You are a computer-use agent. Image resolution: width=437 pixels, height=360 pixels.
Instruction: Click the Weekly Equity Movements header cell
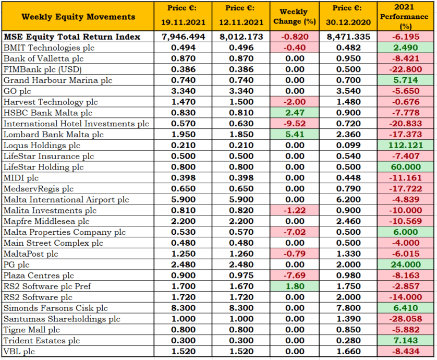[x=78, y=17]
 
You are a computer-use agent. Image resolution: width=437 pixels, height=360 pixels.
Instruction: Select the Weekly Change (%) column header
[x=294, y=17]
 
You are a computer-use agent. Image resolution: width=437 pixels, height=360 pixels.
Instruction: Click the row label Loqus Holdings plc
[x=42, y=145]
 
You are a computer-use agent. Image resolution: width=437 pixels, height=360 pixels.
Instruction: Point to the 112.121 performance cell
[x=406, y=145]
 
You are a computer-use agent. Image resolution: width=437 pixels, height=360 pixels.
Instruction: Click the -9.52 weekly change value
[x=295, y=124]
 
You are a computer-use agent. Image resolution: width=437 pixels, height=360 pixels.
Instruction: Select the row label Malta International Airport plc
[x=66, y=200]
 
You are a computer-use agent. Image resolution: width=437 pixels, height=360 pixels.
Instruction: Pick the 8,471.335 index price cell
[x=348, y=37]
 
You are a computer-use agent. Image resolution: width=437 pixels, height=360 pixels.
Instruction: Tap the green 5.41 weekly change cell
[x=295, y=135]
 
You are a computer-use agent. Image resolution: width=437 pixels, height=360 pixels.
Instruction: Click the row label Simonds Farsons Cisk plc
[x=56, y=308]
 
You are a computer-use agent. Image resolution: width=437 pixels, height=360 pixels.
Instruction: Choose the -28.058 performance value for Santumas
[x=406, y=319]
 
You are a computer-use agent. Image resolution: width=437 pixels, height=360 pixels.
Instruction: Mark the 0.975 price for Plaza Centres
[x=241, y=275]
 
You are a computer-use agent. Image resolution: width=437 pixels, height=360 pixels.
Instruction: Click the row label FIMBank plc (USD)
[x=43, y=69]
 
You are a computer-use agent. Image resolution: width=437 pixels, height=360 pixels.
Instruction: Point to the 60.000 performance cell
[x=406, y=167]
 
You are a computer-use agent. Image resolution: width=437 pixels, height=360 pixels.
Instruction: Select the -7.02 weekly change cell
[x=295, y=232]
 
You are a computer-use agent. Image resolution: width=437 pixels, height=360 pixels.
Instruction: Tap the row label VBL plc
[x=19, y=351]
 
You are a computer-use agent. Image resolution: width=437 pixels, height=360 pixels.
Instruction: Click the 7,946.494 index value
[x=183, y=37]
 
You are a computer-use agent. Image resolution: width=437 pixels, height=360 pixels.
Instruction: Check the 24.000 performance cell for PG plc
[x=406, y=265]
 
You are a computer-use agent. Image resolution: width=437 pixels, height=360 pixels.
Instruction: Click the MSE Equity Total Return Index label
[x=72, y=37]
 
